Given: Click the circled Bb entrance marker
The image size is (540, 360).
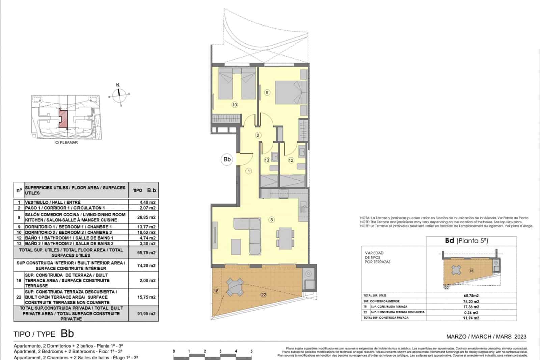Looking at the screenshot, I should pyautogui.click(x=227, y=159).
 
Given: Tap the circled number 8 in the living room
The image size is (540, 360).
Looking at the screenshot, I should pyautogui.click(x=272, y=220).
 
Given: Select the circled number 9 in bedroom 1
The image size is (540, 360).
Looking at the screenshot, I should pyautogui.click(x=267, y=92).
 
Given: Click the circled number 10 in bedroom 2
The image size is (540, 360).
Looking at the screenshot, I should pyautogui.click(x=235, y=105).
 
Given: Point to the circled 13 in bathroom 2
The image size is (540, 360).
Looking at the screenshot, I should pyautogui.click(x=267, y=160).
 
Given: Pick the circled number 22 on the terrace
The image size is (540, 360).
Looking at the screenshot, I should pyautogui.click(x=264, y=295).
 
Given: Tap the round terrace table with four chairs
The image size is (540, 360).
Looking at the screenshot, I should pyautogui.click(x=235, y=286).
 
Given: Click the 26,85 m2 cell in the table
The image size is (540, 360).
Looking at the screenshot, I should pyautogui.click(x=148, y=217).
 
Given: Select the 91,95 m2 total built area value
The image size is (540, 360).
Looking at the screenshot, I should pyautogui.click(x=148, y=313).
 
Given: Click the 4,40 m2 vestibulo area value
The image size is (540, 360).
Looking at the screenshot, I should pyautogui.click(x=148, y=202).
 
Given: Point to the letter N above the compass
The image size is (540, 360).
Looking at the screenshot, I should pyautogui.click(x=118, y=85).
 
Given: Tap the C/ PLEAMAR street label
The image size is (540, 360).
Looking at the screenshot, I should pyautogui.click(x=66, y=143).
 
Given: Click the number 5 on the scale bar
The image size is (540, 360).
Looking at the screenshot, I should pyautogui.click(x=251, y=351).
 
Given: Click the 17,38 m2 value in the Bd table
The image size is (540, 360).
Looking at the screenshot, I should pyautogui.click(x=471, y=307).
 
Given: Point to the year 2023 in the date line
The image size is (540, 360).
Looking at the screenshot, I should pyautogui.click(x=520, y=336).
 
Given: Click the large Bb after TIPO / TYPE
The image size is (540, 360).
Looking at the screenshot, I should pyautogui.click(x=67, y=334).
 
